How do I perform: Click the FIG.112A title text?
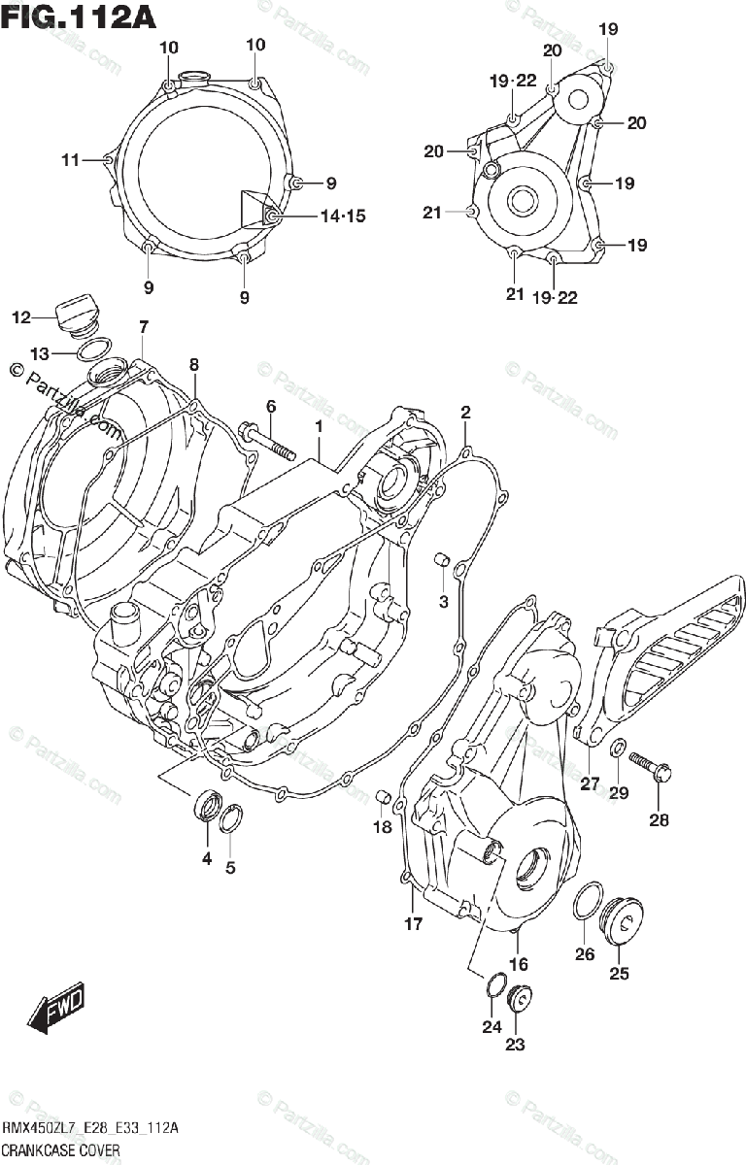coord(80,17)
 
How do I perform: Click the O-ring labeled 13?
coord(94,350)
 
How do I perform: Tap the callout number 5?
coord(230,868)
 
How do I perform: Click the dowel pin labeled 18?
coord(384,797)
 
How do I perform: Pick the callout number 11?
coord(70,160)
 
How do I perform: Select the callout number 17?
coord(414,923)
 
